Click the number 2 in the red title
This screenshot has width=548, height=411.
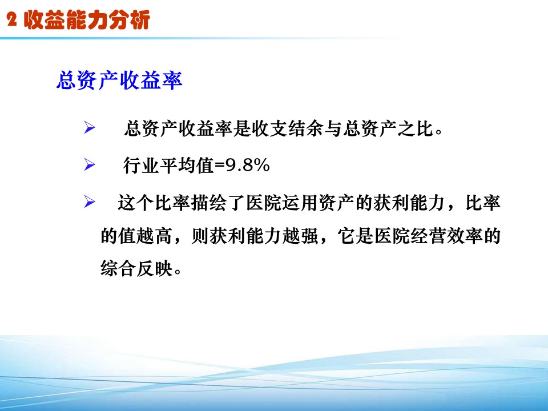[x=11, y=19]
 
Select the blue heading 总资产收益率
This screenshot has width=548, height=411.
[x=119, y=80]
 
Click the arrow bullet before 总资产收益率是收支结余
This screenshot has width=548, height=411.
[x=90, y=127]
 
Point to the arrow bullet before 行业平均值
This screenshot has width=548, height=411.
[x=90, y=164]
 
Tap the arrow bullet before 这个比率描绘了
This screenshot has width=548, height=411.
[x=90, y=202]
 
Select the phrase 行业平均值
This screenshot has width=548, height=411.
[x=168, y=166]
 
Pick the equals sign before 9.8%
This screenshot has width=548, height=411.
[x=219, y=166]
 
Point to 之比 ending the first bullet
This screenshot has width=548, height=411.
[x=416, y=128]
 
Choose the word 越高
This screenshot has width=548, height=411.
[x=154, y=236]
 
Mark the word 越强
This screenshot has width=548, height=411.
[x=300, y=236]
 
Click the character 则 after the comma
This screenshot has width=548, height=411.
[x=200, y=236]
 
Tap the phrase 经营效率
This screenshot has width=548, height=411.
[x=446, y=236]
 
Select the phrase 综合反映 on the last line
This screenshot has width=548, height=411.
[x=136, y=269]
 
